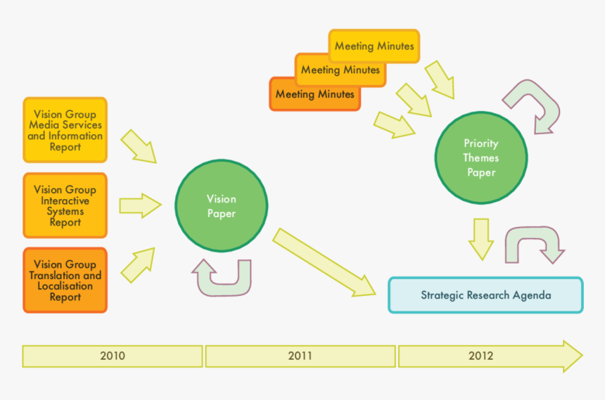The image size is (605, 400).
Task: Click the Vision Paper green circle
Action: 221,205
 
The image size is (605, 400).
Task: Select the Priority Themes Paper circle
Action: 480,157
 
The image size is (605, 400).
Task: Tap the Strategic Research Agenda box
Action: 485,295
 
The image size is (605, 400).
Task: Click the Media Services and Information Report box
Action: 65,130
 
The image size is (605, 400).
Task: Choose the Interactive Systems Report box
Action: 65,205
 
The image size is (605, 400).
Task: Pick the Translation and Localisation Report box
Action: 65,280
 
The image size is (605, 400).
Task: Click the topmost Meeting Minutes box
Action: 374,46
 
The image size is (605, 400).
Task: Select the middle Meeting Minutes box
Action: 340,70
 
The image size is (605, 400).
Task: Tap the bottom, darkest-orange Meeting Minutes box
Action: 314,93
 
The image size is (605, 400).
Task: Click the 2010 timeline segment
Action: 113,356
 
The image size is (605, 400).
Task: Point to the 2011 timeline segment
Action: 300,356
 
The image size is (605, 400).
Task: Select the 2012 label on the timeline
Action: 481,356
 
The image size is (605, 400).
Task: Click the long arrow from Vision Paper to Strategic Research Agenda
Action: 324,262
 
